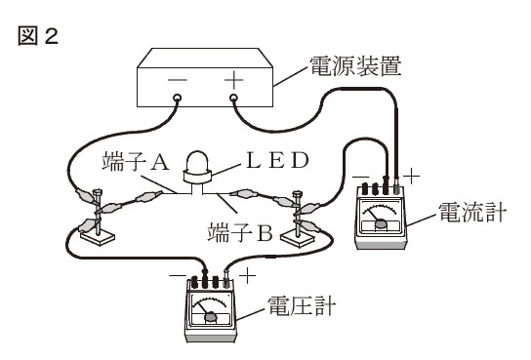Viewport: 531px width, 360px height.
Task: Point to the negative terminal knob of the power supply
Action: [x=178, y=99]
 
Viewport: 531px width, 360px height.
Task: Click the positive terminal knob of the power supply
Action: [x=234, y=99]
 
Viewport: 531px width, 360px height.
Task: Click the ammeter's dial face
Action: [x=380, y=216]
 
